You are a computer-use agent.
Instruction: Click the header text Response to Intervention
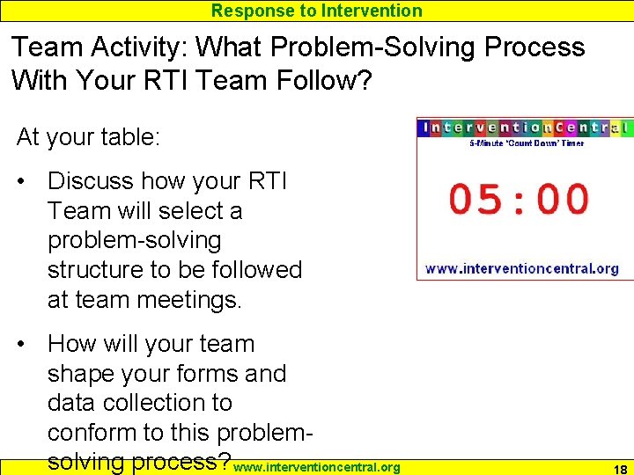coord(317,11)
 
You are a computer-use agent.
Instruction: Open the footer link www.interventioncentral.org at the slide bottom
coord(318,467)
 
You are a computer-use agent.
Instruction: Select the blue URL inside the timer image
coord(522,268)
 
